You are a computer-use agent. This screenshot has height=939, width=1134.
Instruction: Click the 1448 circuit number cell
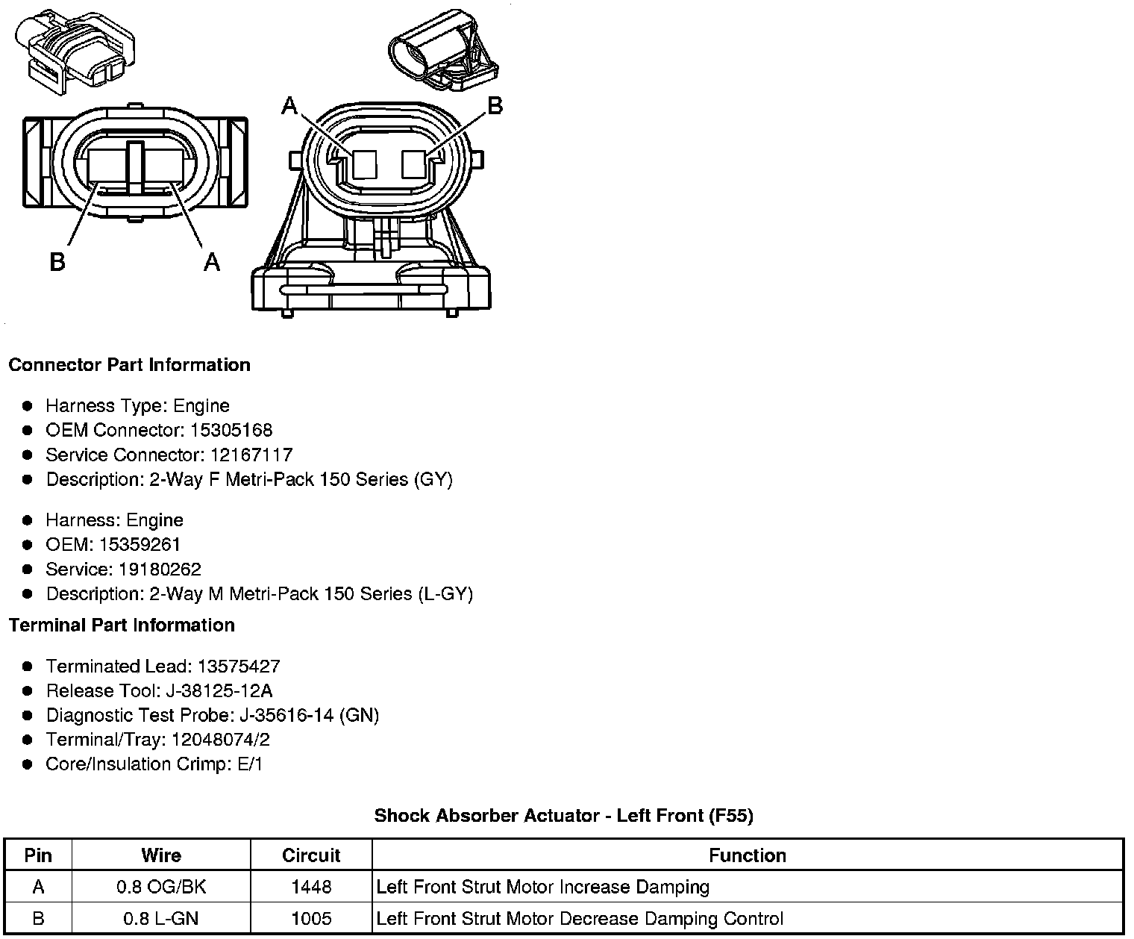point(311,887)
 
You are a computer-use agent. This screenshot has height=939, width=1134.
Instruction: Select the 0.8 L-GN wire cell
point(161,918)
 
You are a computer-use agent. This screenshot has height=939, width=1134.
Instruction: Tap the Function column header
point(748,855)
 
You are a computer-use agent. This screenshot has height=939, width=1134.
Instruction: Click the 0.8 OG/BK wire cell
point(161,887)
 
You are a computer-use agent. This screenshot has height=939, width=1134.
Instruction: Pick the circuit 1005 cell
point(311,918)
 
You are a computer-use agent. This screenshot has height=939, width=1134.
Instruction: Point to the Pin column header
point(38,855)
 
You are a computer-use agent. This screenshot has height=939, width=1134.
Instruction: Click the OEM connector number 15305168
point(231,430)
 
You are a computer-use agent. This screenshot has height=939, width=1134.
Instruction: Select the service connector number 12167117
point(251,455)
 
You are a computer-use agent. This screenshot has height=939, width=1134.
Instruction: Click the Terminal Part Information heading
point(122,625)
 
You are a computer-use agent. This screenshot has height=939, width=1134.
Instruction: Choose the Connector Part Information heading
point(129,365)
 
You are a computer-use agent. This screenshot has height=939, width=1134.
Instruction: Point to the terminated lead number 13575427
point(238,666)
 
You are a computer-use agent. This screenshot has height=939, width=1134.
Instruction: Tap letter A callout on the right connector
point(289,107)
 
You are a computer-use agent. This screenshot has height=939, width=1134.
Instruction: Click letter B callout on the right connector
point(495,107)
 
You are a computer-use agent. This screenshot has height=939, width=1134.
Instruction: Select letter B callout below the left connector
point(57,262)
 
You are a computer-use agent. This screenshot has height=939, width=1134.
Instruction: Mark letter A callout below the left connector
point(212,262)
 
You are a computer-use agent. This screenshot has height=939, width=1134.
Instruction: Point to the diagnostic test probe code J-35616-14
point(286,715)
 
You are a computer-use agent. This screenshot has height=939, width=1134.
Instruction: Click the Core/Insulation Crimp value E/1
point(248,764)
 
